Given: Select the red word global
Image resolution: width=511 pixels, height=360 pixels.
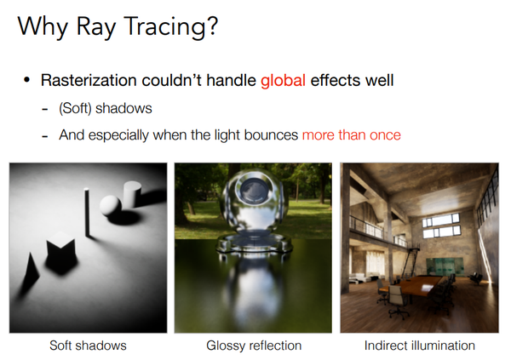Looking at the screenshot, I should point(284,82).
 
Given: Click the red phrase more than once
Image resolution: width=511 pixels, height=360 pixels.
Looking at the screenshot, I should point(351,134).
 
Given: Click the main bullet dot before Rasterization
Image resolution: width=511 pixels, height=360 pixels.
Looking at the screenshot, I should point(27,82).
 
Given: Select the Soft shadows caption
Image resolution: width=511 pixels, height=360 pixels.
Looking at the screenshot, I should point(89,346).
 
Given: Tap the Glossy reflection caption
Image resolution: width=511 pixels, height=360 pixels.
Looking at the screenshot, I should point(253,346).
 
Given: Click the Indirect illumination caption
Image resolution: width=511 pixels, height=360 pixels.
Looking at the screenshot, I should point(419,346).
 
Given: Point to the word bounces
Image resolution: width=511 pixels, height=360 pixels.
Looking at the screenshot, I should point(270,134).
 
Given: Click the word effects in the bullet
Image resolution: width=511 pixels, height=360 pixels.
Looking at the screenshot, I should point(335,82).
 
